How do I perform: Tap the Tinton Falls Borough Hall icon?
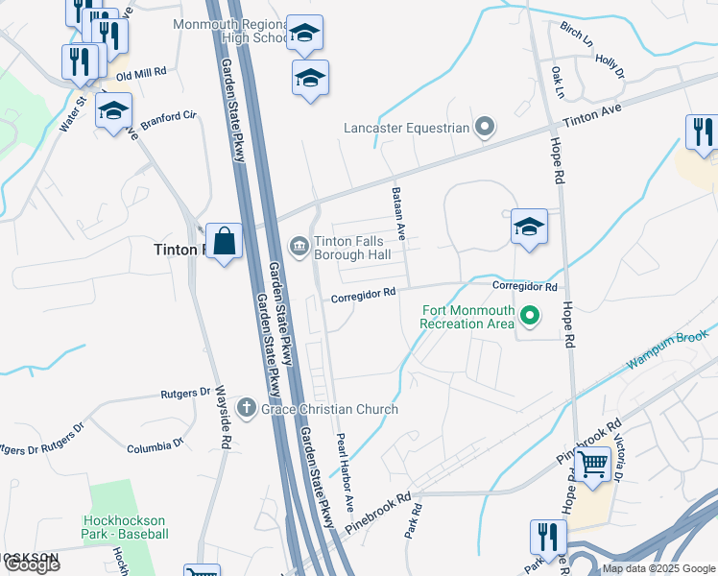pos(299,248)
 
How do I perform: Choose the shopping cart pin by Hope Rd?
pos(593,466)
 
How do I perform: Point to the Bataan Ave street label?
pos(400,213)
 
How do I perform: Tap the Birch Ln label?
pos(577,35)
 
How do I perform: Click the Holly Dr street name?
pos(610,66)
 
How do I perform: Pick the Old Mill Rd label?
pos(141,73)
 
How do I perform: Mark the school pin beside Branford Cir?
pos(113,111)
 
